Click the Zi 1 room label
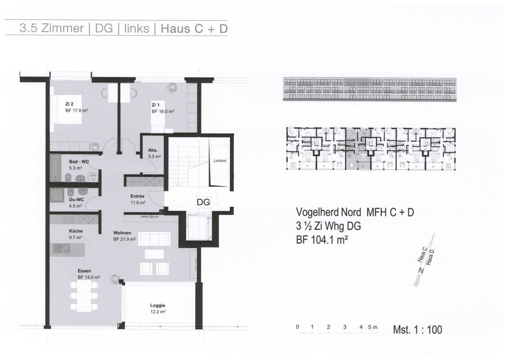155,104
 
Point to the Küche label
76,231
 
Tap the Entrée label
137,196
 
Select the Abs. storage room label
152,151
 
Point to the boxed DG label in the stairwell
203,202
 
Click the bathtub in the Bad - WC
55,167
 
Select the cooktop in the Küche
68,220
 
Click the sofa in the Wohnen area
154,238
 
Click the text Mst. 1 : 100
417,330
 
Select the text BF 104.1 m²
321,240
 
